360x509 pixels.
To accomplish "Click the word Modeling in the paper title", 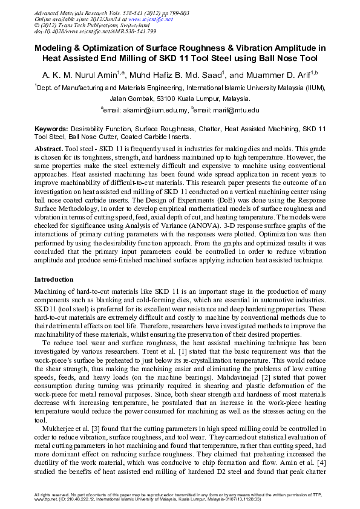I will [x=59, y=48].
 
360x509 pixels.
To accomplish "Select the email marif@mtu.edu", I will [x=233, y=111].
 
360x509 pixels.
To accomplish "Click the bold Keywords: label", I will [x=51, y=129].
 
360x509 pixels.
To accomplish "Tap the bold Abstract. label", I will [x=48, y=148].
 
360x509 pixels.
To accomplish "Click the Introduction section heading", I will [x=54, y=279].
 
